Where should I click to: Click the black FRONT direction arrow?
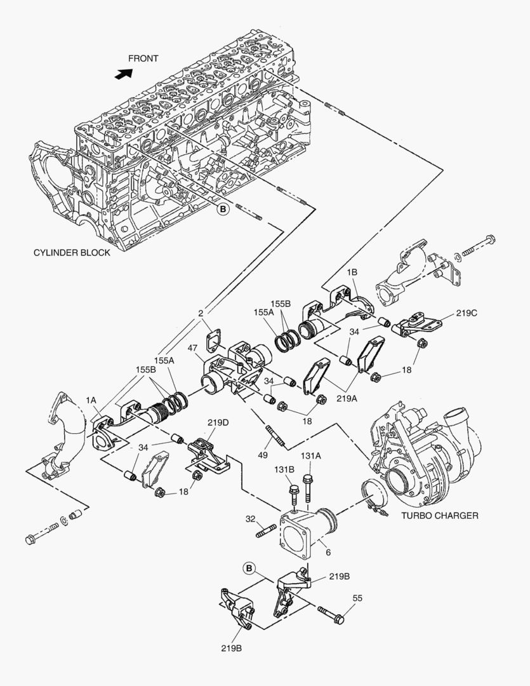(122, 73)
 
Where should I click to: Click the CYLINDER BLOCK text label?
(72, 252)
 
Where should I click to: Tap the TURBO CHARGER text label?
(439, 515)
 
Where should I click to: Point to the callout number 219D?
(218, 422)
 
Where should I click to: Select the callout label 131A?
(311, 455)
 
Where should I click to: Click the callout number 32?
(251, 520)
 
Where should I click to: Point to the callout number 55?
(357, 598)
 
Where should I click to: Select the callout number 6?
(328, 553)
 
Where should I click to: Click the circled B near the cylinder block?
(223, 208)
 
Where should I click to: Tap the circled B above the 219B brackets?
(249, 567)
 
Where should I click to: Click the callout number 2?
(201, 313)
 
